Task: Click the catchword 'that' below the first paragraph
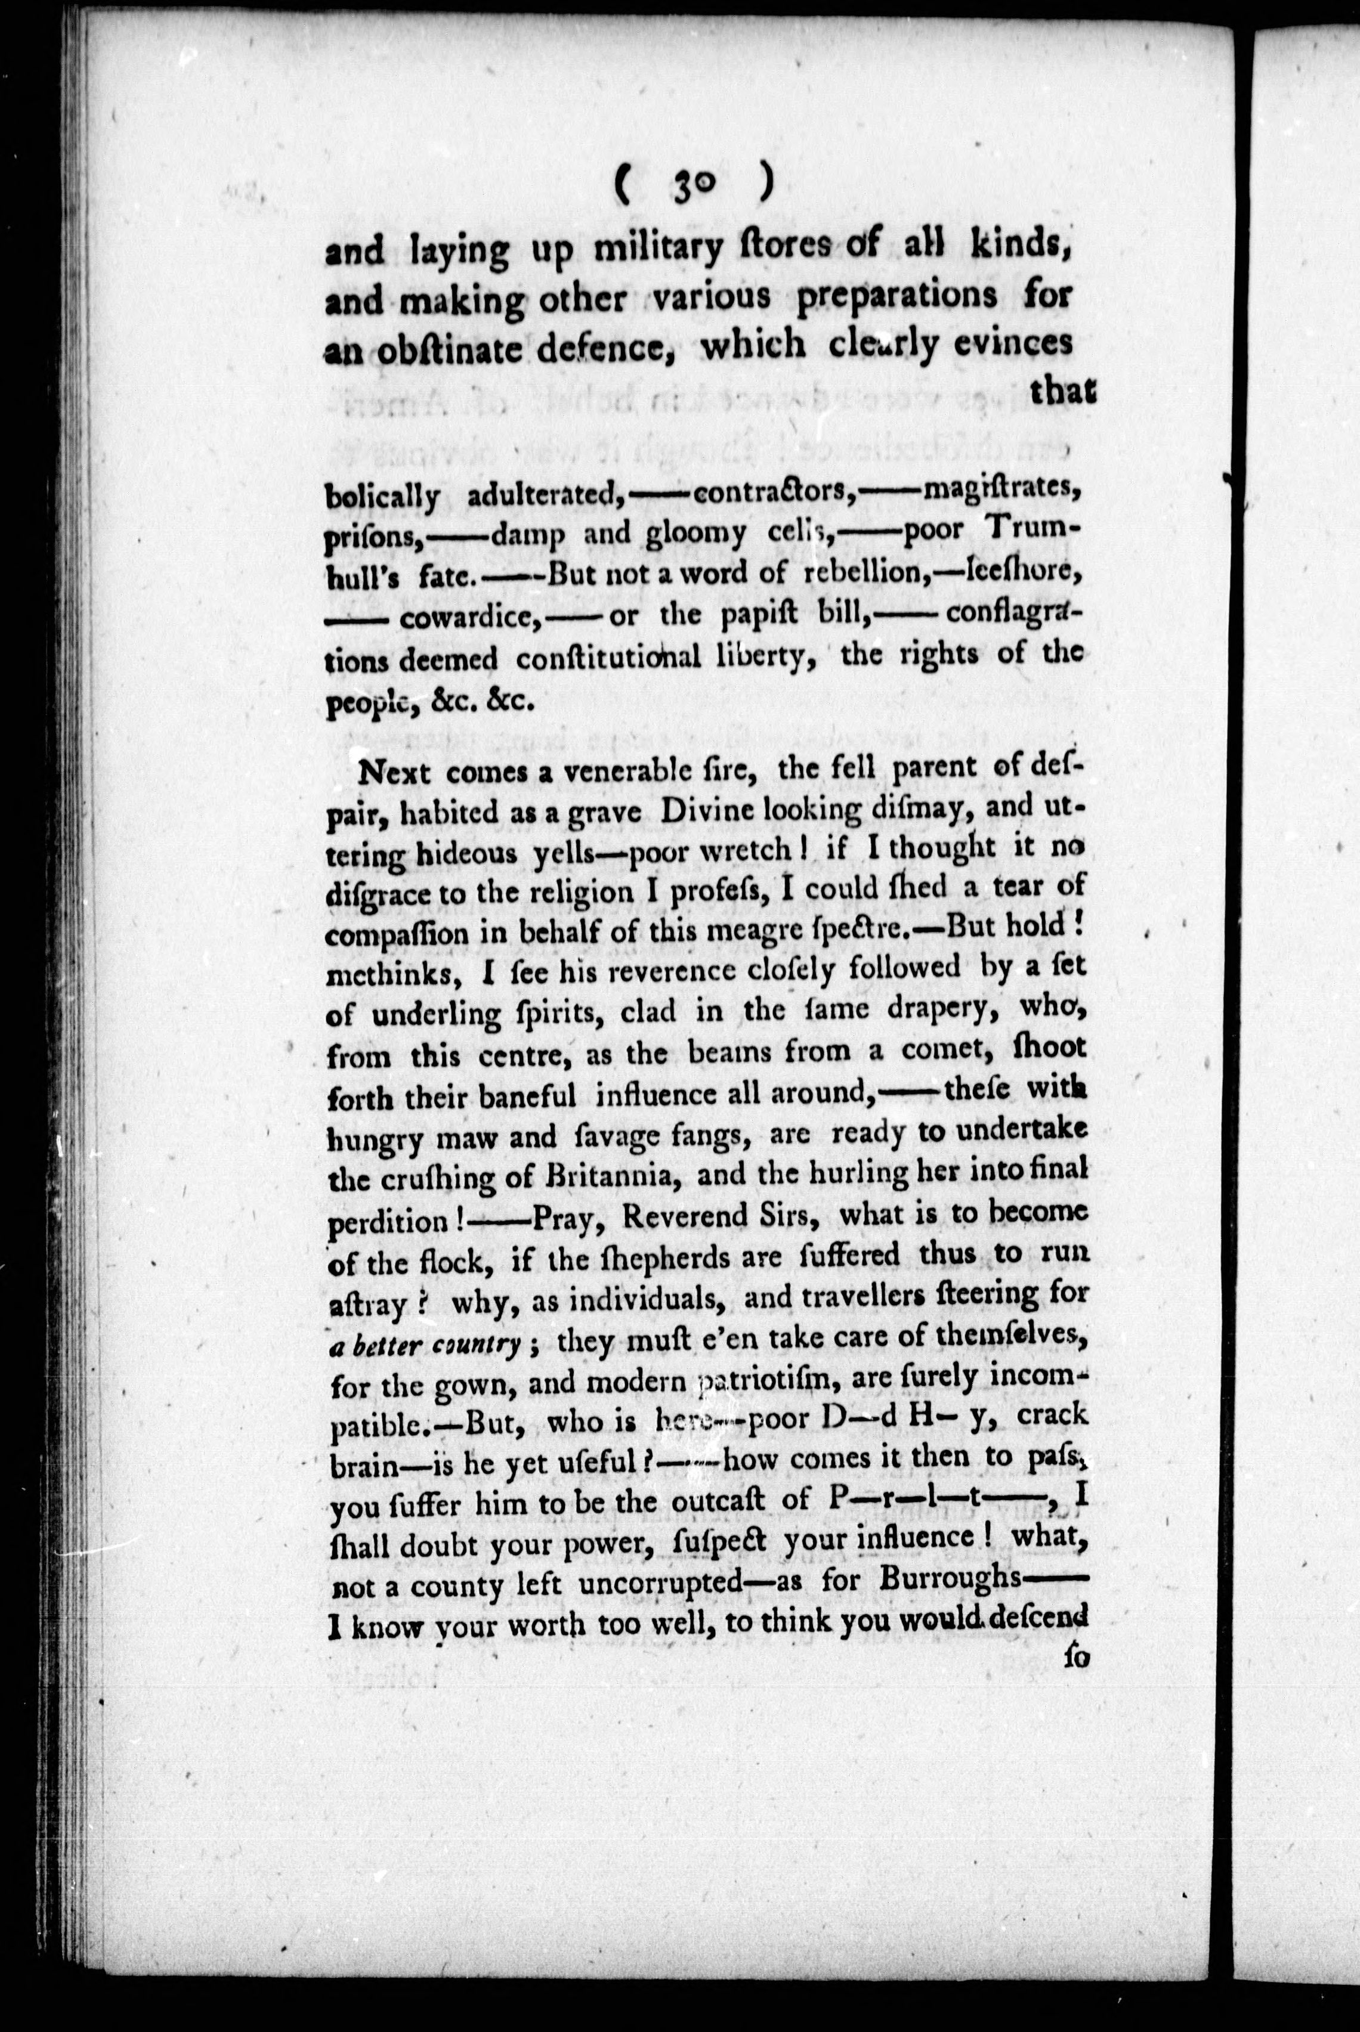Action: point(1062,393)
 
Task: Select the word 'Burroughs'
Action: point(949,1579)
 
